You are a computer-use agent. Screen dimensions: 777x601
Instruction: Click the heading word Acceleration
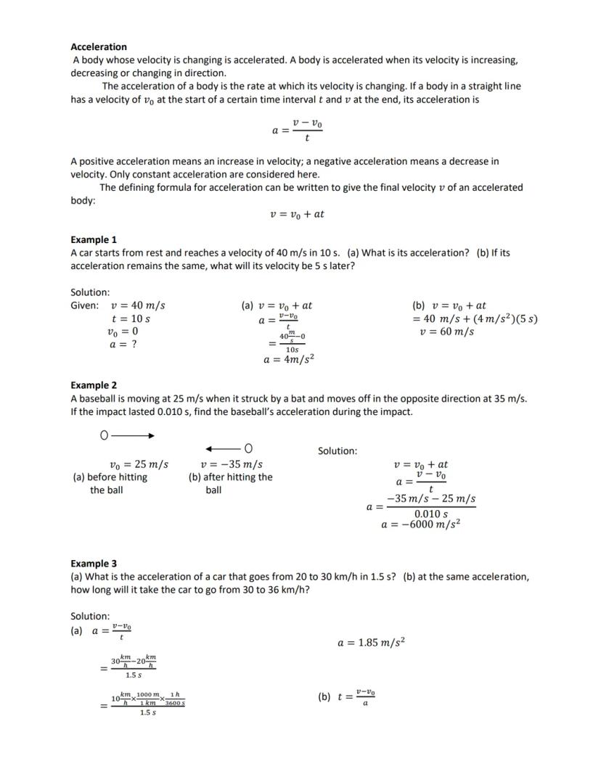99,46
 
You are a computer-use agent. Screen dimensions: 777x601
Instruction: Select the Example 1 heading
94,239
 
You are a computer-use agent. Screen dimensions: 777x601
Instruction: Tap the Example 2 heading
94,385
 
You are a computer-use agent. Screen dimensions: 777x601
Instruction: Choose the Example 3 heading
94,564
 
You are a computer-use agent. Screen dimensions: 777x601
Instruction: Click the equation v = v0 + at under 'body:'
297,214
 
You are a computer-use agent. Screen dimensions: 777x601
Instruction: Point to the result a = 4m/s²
289,359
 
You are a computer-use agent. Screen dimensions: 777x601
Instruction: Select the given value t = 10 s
131,318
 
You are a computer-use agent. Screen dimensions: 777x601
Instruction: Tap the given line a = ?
123,344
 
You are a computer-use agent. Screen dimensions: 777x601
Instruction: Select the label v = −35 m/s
232,464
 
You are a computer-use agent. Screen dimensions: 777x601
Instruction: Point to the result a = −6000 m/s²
421,525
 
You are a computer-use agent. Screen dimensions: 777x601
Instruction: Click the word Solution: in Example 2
338,451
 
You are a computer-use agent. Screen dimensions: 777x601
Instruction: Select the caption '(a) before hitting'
110,477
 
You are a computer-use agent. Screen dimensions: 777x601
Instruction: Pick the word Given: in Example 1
85,305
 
